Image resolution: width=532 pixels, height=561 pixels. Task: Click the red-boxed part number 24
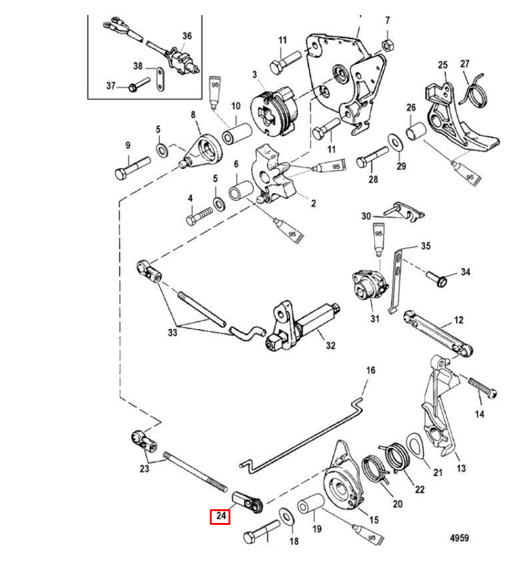pyautogui.click(x=219, y=516)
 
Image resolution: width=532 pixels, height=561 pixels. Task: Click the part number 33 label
pyautogui.click(x=172, y=333)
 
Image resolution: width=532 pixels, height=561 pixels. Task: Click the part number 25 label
pyautogui.click(x=443, y=65)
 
